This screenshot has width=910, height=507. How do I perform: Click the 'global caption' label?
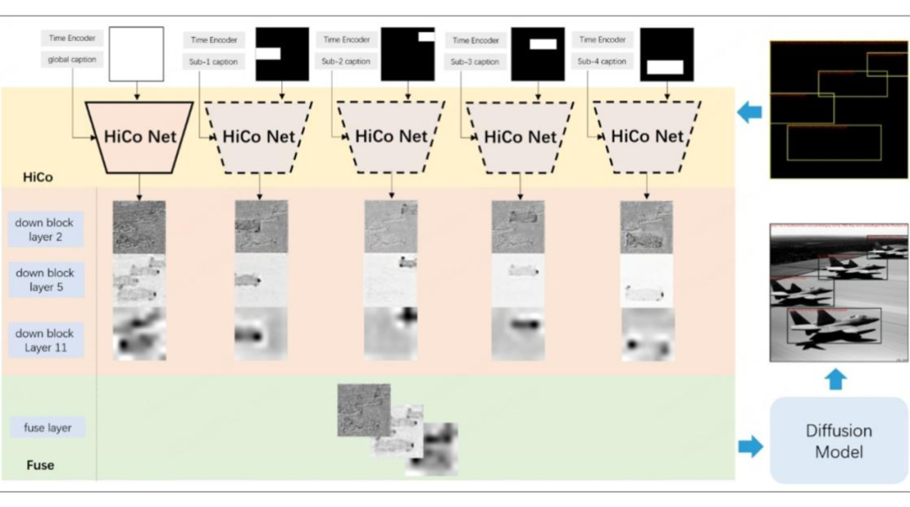pos(72,60)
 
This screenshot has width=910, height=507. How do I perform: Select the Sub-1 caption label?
pos(214,61)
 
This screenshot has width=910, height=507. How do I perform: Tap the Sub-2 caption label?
pos(343,61)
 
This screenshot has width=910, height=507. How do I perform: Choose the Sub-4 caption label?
pos(602,61)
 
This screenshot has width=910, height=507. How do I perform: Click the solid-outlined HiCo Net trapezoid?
pos(140,136)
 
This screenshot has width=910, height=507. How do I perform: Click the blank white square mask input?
pos(136,53)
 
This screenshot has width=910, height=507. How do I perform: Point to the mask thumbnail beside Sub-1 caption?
pos(282,54)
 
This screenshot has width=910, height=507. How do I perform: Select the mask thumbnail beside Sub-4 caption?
pos(666,55)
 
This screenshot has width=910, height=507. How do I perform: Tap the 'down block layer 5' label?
pos(45,280)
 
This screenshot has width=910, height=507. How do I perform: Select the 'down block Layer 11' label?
pos(45,340)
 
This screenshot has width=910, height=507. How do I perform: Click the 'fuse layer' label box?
pos(48,428)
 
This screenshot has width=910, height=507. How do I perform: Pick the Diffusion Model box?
pos(838,441)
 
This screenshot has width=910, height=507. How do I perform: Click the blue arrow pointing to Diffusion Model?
pos(750,446)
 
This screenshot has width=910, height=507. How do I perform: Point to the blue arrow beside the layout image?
pos(749,112)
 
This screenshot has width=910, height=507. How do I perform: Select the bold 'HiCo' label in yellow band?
pos(39,178)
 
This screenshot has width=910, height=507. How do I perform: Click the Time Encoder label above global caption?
pos(72,38)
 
